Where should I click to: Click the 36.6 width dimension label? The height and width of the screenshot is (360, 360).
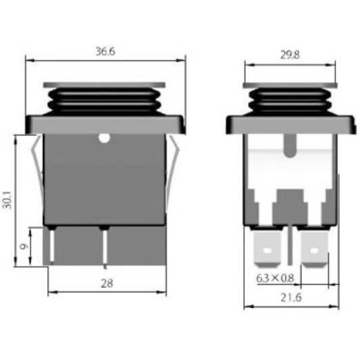105,51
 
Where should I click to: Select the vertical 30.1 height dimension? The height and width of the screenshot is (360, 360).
7,199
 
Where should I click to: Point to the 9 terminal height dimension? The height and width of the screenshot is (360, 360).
23,246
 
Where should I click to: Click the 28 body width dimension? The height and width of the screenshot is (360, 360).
106,283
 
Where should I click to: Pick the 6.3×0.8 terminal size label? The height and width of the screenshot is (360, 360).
275,278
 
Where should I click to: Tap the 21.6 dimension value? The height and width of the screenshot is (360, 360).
291,297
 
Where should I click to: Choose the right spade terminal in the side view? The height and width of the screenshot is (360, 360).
314,248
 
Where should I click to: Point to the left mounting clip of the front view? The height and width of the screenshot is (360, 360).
37,164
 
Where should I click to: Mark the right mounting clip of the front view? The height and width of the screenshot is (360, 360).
173,164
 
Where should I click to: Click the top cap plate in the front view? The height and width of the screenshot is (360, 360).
105,85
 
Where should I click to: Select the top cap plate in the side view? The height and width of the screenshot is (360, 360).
289,85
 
